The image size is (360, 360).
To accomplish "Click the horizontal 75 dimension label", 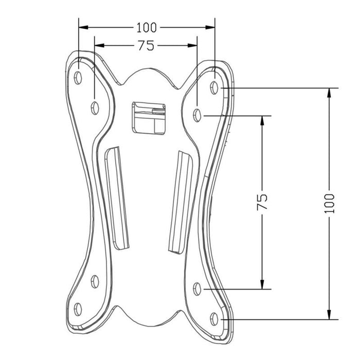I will pos(146,46).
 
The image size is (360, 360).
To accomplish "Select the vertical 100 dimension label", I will pos(330,204).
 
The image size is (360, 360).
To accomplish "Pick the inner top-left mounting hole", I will pos(95,107).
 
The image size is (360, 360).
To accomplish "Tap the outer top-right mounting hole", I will pos(215,87).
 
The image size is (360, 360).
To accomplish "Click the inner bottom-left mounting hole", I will pos(95,281).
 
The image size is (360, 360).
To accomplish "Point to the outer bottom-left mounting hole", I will pos(78,309).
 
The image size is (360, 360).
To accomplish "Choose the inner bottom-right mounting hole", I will pos(198,289).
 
